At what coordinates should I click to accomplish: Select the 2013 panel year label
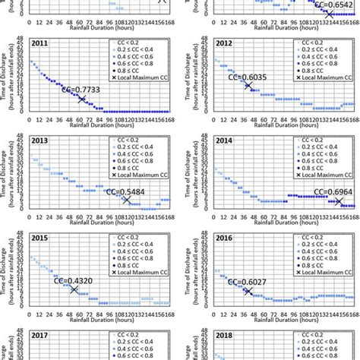pos(39,141)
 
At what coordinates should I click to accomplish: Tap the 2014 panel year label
pos(226,141)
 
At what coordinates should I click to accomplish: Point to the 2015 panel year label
pos(39,237)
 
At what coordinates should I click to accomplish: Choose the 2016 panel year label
pos(226,237)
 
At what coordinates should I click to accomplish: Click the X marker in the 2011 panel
pos(82,99)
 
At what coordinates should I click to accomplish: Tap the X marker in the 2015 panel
pos(74,289)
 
